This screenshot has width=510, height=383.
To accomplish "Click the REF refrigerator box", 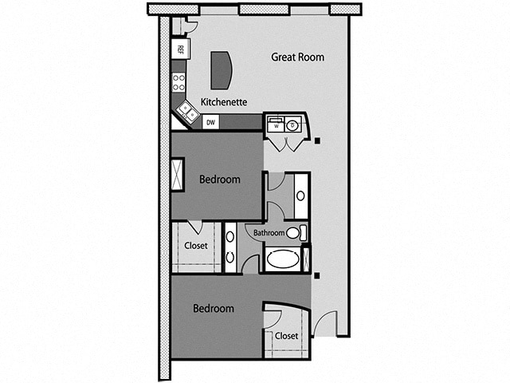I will click(x=180, y=49).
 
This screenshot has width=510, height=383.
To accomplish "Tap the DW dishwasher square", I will click(x=211, y=122).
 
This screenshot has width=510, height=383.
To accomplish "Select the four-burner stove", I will click(x=180, y=82).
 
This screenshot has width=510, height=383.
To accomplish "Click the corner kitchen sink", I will click(x=187, y=113).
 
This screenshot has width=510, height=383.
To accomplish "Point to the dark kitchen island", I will click(x=220, y=70).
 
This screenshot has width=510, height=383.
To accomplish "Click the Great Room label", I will click(x=297, y=57).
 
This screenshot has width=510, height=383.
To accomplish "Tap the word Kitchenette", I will click(x=223, y=102).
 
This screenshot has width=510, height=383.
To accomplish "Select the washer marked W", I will click(x=277, y=124).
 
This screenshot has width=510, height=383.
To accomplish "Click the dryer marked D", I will click(x=292, y=124).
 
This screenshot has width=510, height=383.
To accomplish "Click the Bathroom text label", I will click(x=269, y=233).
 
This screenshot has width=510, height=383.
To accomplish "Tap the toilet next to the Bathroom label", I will click(x=295, y=233).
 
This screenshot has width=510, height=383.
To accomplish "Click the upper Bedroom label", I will click(x=219, y=180).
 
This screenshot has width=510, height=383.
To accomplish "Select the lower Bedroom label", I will click(x=214, y=308).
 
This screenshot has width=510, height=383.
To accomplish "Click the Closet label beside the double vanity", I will click(x=195, y=246).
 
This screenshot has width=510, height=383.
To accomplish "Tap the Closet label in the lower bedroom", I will click(x=286, y=336).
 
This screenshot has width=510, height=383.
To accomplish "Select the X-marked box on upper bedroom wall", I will click(x=178, y=175).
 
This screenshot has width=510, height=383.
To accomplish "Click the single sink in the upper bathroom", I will click(x=302, y=194).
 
